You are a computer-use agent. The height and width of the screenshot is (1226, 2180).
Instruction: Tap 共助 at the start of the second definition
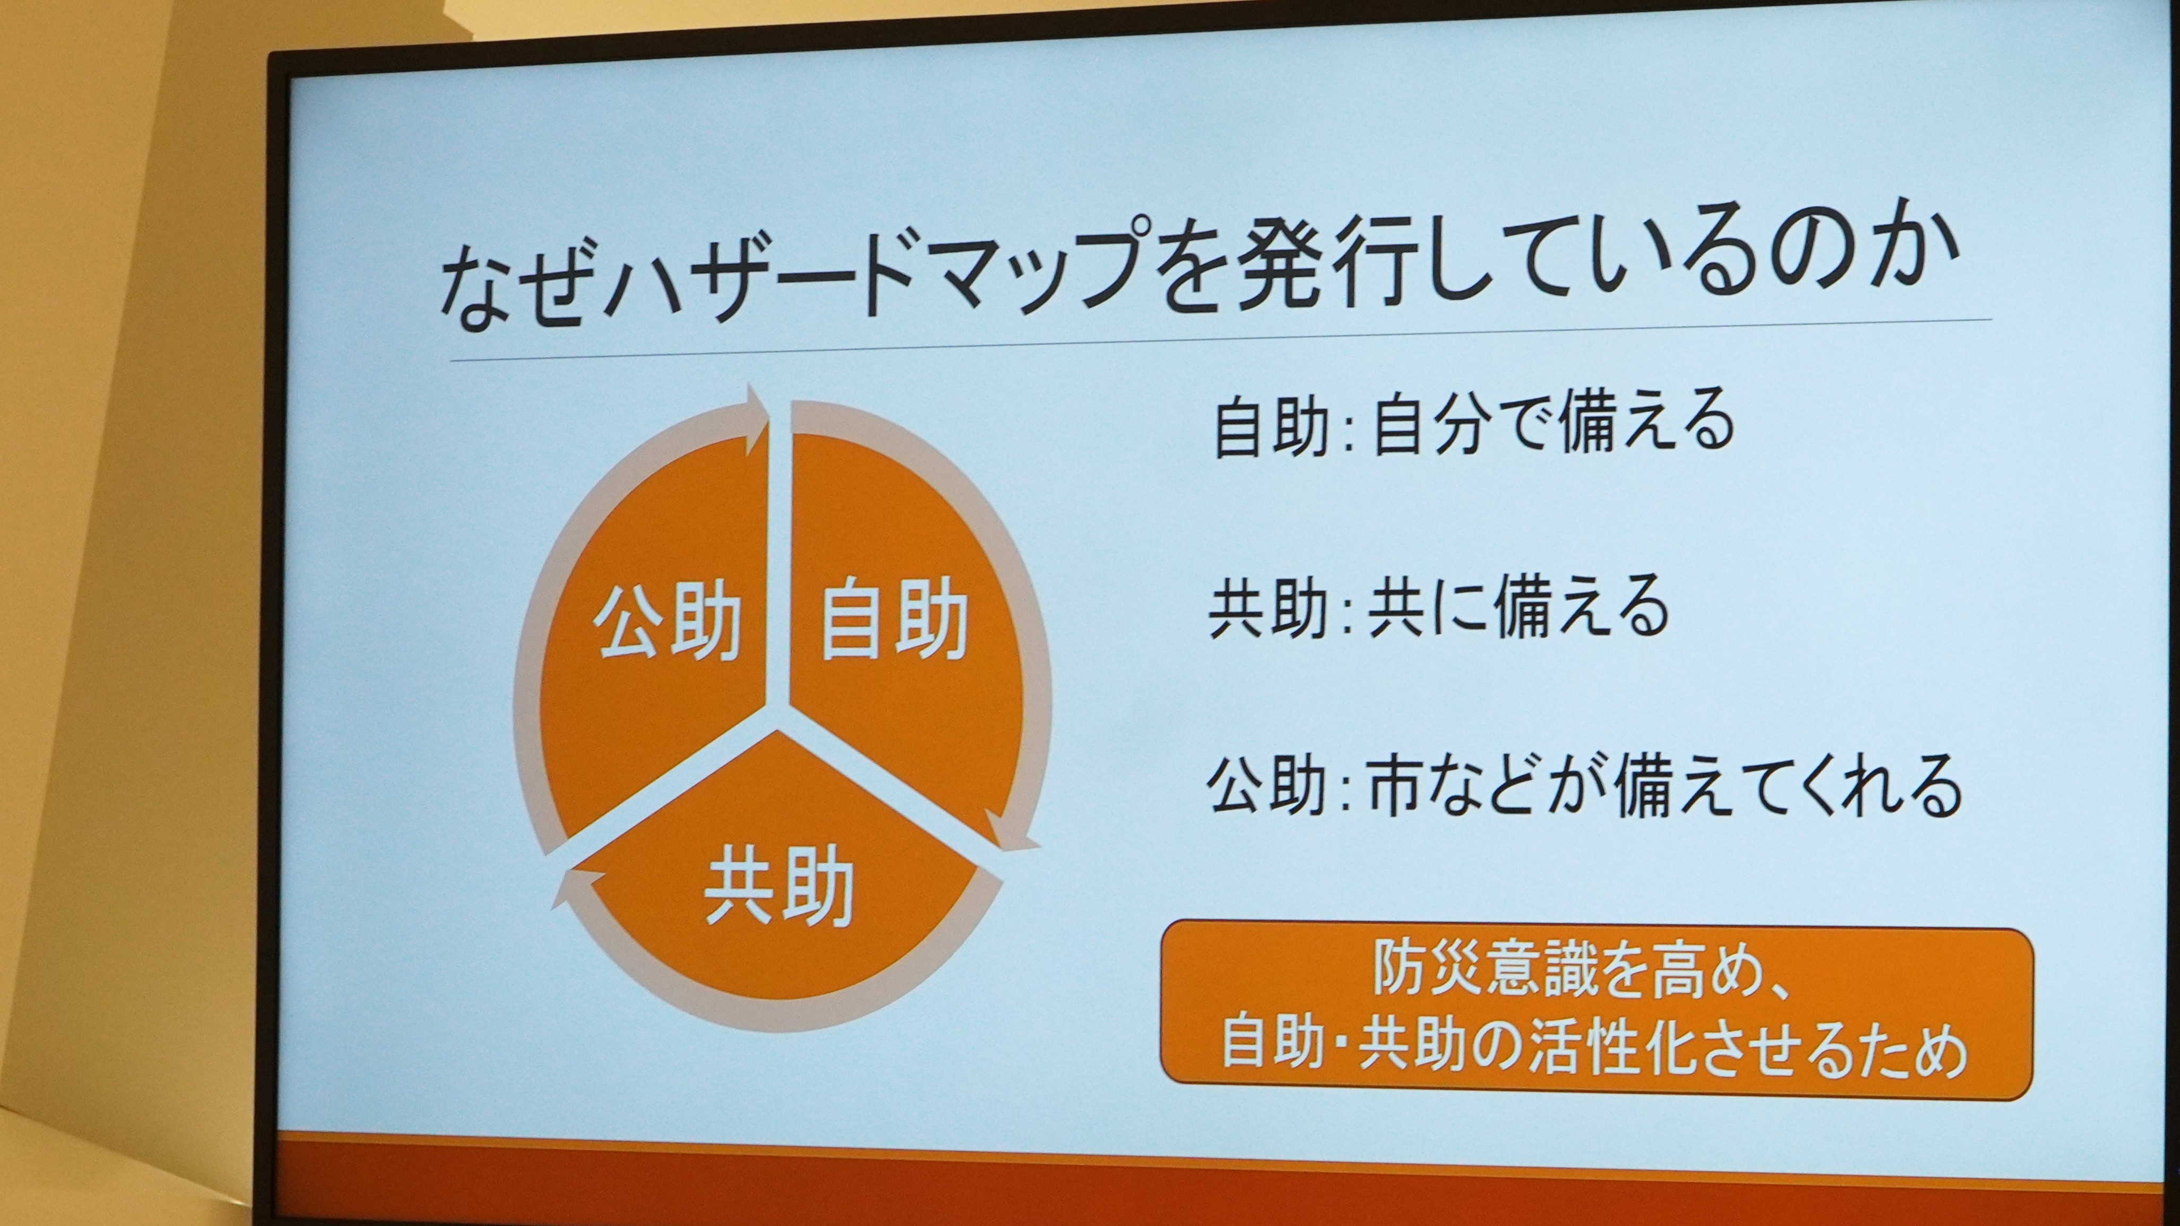click(1267, 609)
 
